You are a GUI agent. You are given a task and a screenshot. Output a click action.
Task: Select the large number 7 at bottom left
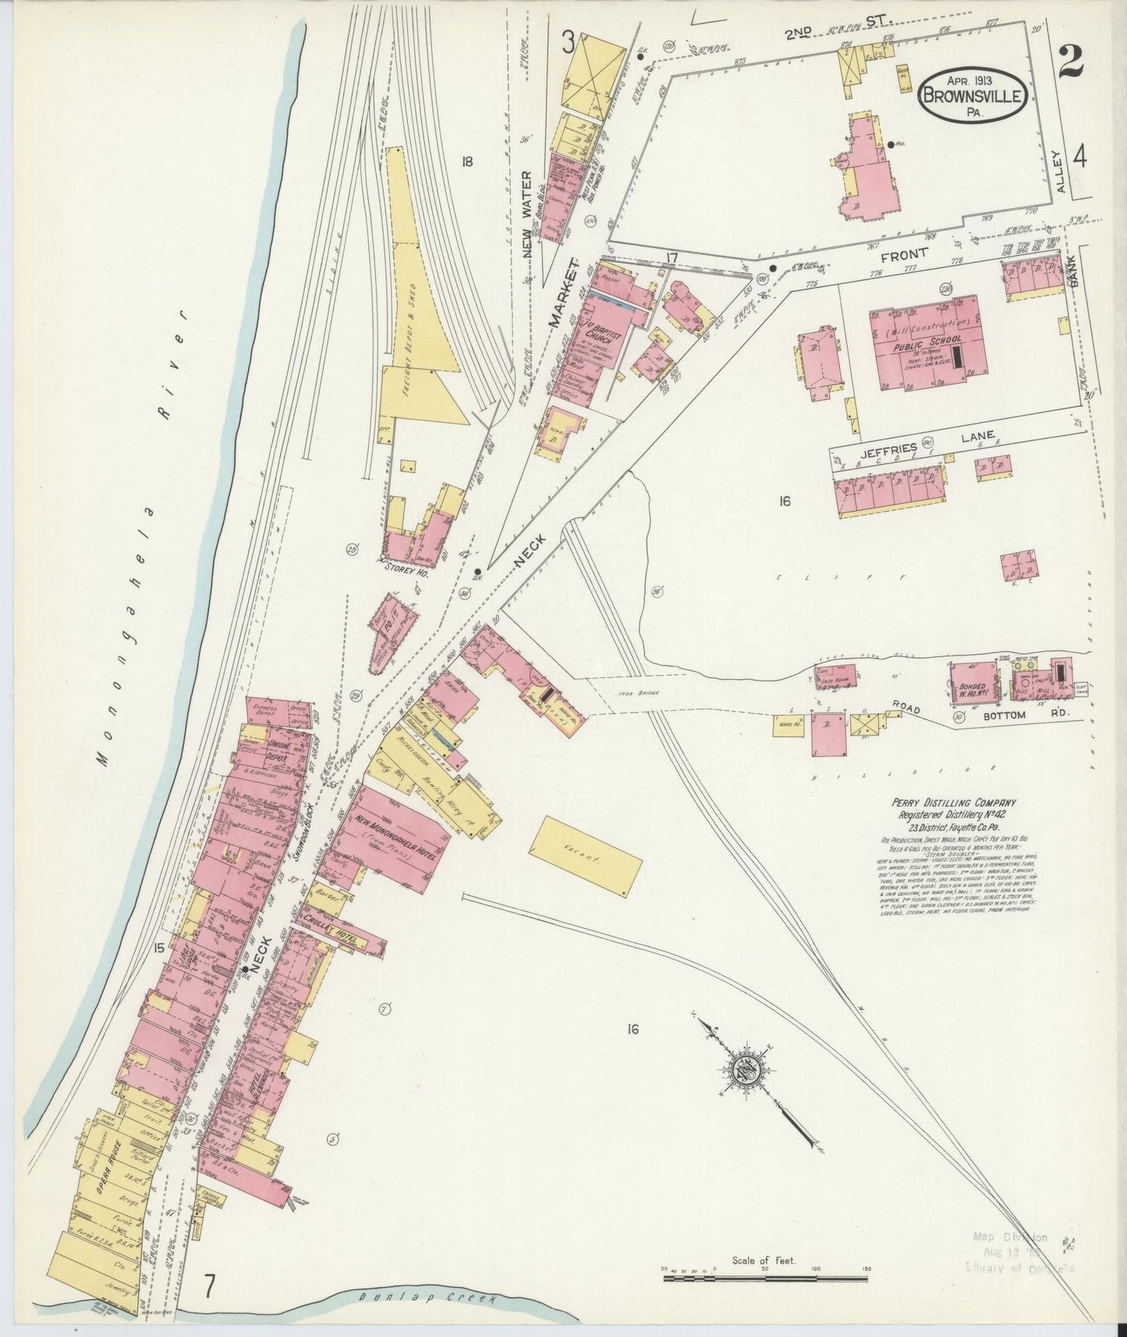(x=209, y=1283)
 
